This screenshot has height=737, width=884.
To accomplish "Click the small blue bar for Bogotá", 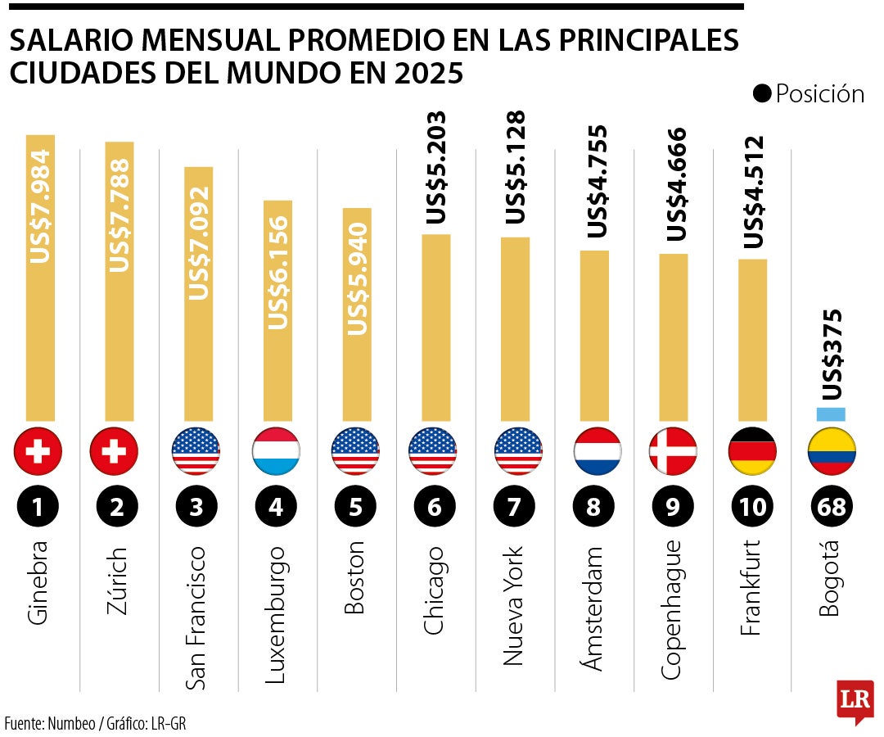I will (832, 415).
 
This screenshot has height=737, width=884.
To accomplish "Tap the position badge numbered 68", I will (832, 507).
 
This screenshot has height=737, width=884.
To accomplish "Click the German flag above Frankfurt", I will (752, 450).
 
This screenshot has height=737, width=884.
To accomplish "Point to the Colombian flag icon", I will (832, 450).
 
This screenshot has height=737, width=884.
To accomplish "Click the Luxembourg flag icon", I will (276, 450).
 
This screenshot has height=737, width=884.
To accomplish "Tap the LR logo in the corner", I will (855, 700).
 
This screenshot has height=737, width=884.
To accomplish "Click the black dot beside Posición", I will (762, 95).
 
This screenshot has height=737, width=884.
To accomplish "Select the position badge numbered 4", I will (276, 507).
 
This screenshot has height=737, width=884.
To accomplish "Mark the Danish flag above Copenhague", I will (673, 450).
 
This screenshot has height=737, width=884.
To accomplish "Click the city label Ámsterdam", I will (593, 608).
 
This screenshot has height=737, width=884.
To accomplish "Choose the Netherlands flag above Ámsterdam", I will (593, 450).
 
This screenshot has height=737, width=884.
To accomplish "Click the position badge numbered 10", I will (752, 507).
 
